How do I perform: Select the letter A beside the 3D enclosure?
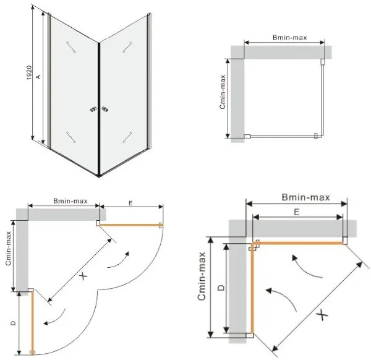(x=38, y=76)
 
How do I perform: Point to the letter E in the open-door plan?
(x=130, y=203)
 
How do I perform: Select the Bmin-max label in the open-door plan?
(x=69, y=201)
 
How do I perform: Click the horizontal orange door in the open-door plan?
(x=130, y=225)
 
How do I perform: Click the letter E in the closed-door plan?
(x=297, y=212)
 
